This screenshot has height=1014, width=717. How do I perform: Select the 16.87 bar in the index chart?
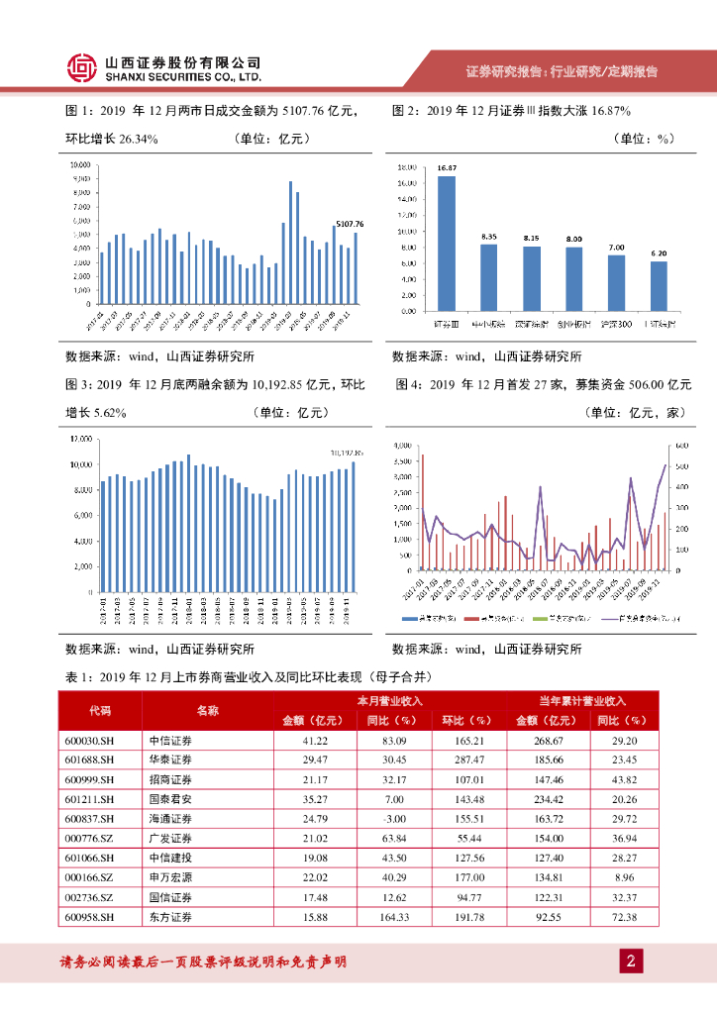pos(447,243)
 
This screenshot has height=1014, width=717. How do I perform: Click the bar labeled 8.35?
pos(489,276)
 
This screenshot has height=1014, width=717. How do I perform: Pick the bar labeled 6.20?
pos(659,285)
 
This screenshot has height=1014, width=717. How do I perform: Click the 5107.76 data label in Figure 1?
pos(350,225)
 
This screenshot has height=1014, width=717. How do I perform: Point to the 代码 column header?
pos(100,710)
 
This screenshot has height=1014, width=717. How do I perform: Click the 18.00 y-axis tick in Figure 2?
pos(405,167)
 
